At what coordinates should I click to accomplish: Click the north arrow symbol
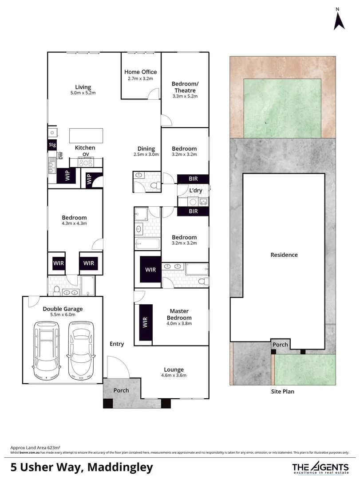pos(340,20)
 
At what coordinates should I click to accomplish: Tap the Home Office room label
pos(140,72)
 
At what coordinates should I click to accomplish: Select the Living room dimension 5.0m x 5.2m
pos(83,93)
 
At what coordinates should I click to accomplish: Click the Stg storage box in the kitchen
pos(52,145)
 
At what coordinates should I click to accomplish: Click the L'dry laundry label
pos(196,191)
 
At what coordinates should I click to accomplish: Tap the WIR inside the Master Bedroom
pos(146,322)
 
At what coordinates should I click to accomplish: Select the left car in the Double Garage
pos(46,347)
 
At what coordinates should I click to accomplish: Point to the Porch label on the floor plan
pos(121,390)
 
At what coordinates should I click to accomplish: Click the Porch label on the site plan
pos(280,345)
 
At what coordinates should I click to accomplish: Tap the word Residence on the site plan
pos(284,255)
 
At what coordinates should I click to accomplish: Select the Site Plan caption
pos(283,392)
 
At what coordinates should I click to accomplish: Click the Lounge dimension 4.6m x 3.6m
pos(174,375)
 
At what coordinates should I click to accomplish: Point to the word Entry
pos(117,344)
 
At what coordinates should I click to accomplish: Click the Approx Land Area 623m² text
pos(35,448)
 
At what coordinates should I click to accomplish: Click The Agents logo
pos(320,467)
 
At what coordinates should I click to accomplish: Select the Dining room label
pos(146,149)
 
